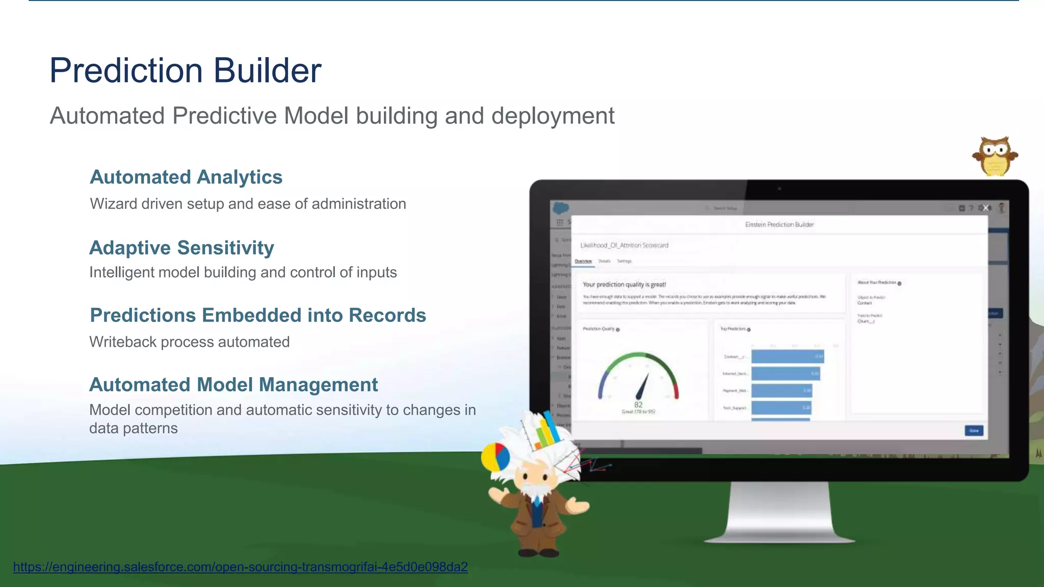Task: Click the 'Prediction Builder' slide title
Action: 185,70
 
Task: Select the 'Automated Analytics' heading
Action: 186,177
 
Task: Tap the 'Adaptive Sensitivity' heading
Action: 181,248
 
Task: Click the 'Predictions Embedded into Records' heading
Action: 258,315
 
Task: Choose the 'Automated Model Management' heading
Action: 233,385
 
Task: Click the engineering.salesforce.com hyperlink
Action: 240,567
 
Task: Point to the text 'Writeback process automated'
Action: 189,342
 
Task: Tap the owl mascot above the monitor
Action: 995,156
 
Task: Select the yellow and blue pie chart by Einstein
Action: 495,457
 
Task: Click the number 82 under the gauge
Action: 638,405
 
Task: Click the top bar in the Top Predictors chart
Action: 787,357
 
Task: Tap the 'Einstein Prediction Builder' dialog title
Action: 779,225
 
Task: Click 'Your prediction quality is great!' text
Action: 624,285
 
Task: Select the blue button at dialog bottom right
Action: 974,431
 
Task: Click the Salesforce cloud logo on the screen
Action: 561,208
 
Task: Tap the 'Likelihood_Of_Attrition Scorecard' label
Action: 624,246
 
